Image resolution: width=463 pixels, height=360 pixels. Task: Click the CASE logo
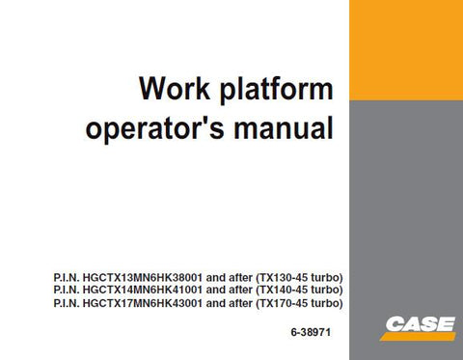419,325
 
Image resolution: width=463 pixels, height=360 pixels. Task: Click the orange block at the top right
405,49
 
